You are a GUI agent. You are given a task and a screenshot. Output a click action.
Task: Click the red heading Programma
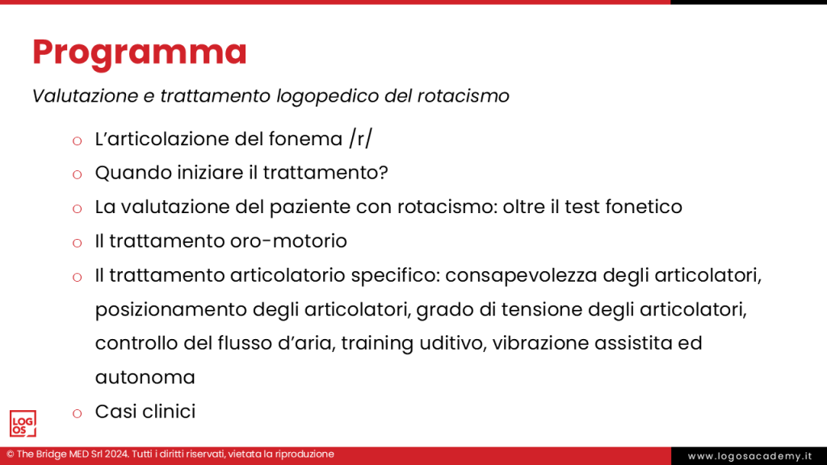click(x=140, y=52)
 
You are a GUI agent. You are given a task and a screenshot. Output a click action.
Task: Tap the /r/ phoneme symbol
click(x=361, y=139)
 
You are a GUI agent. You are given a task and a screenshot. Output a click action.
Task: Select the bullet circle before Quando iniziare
click(x=78, y=174)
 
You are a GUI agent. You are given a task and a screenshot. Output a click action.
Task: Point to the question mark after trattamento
click(x=384, y=173)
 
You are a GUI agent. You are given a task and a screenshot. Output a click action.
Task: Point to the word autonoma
click(x=145, y=377)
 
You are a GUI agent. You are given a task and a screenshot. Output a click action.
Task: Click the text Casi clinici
click(x=145, y=412)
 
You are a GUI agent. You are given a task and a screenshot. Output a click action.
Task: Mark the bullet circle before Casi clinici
click(x=78, y=413)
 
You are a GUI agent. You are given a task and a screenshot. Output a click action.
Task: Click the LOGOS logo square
click(x=23, y=423)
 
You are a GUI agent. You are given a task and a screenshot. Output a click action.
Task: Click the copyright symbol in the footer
click(x=10, y=455)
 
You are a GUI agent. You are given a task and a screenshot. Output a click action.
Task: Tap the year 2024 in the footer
click(x=111, y=455)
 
